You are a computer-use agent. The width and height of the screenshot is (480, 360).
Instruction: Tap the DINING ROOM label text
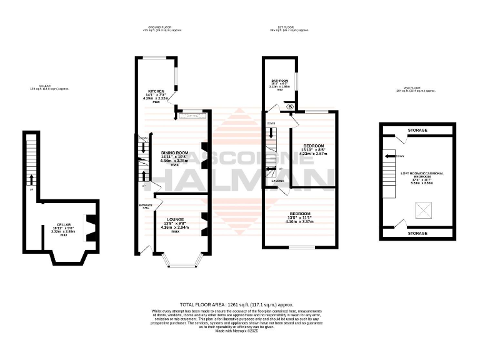point(175,152)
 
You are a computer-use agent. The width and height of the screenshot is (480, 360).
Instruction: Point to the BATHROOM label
point(279,81)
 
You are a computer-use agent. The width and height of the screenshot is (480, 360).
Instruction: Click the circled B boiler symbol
point(290,107)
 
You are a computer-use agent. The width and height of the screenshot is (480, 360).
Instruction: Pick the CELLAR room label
point(64,224)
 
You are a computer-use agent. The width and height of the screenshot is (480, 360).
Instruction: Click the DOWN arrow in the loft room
point(390,156)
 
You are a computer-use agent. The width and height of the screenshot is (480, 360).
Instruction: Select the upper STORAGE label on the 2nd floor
point(418,130)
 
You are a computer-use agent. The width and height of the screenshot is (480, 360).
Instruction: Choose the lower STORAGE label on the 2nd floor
point(418,233)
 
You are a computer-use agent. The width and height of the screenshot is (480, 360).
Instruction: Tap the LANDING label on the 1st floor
point(278,181)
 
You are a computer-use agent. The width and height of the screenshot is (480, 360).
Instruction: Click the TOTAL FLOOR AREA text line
point(236,304)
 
